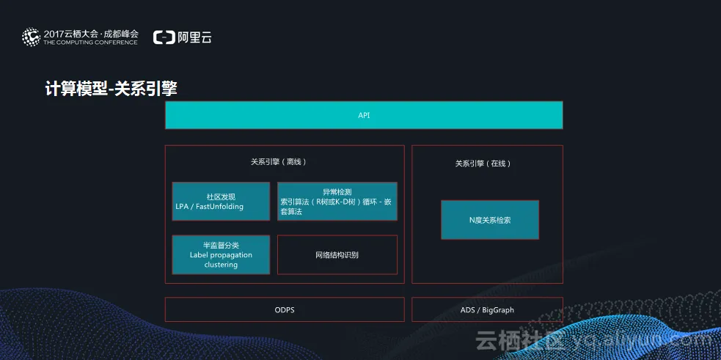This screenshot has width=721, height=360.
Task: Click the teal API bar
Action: coord(364,115)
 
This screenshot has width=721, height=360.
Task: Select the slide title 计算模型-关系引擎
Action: coord(111,89)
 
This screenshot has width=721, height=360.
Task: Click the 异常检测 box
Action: coord(337,201)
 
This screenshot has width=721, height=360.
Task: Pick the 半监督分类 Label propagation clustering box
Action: coord(221,254)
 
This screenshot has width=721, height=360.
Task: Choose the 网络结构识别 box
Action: coord(337,254)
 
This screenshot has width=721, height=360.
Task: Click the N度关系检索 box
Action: coord(489,219)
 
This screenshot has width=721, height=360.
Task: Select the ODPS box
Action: coord(284,309)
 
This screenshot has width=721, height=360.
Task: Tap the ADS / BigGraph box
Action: coord(487,309)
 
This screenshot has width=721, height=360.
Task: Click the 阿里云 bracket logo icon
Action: coord(164,37)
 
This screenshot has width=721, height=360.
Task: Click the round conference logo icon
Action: coord(31,37)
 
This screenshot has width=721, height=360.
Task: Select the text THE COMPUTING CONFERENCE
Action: coord(90,43)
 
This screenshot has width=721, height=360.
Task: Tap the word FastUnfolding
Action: coord(219,207)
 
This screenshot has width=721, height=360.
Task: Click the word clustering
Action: coord(221,265)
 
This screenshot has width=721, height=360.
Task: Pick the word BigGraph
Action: coord(498,310)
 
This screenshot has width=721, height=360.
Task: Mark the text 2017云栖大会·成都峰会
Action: coord(90,33)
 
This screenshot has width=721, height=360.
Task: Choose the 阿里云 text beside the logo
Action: coord(194,37)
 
